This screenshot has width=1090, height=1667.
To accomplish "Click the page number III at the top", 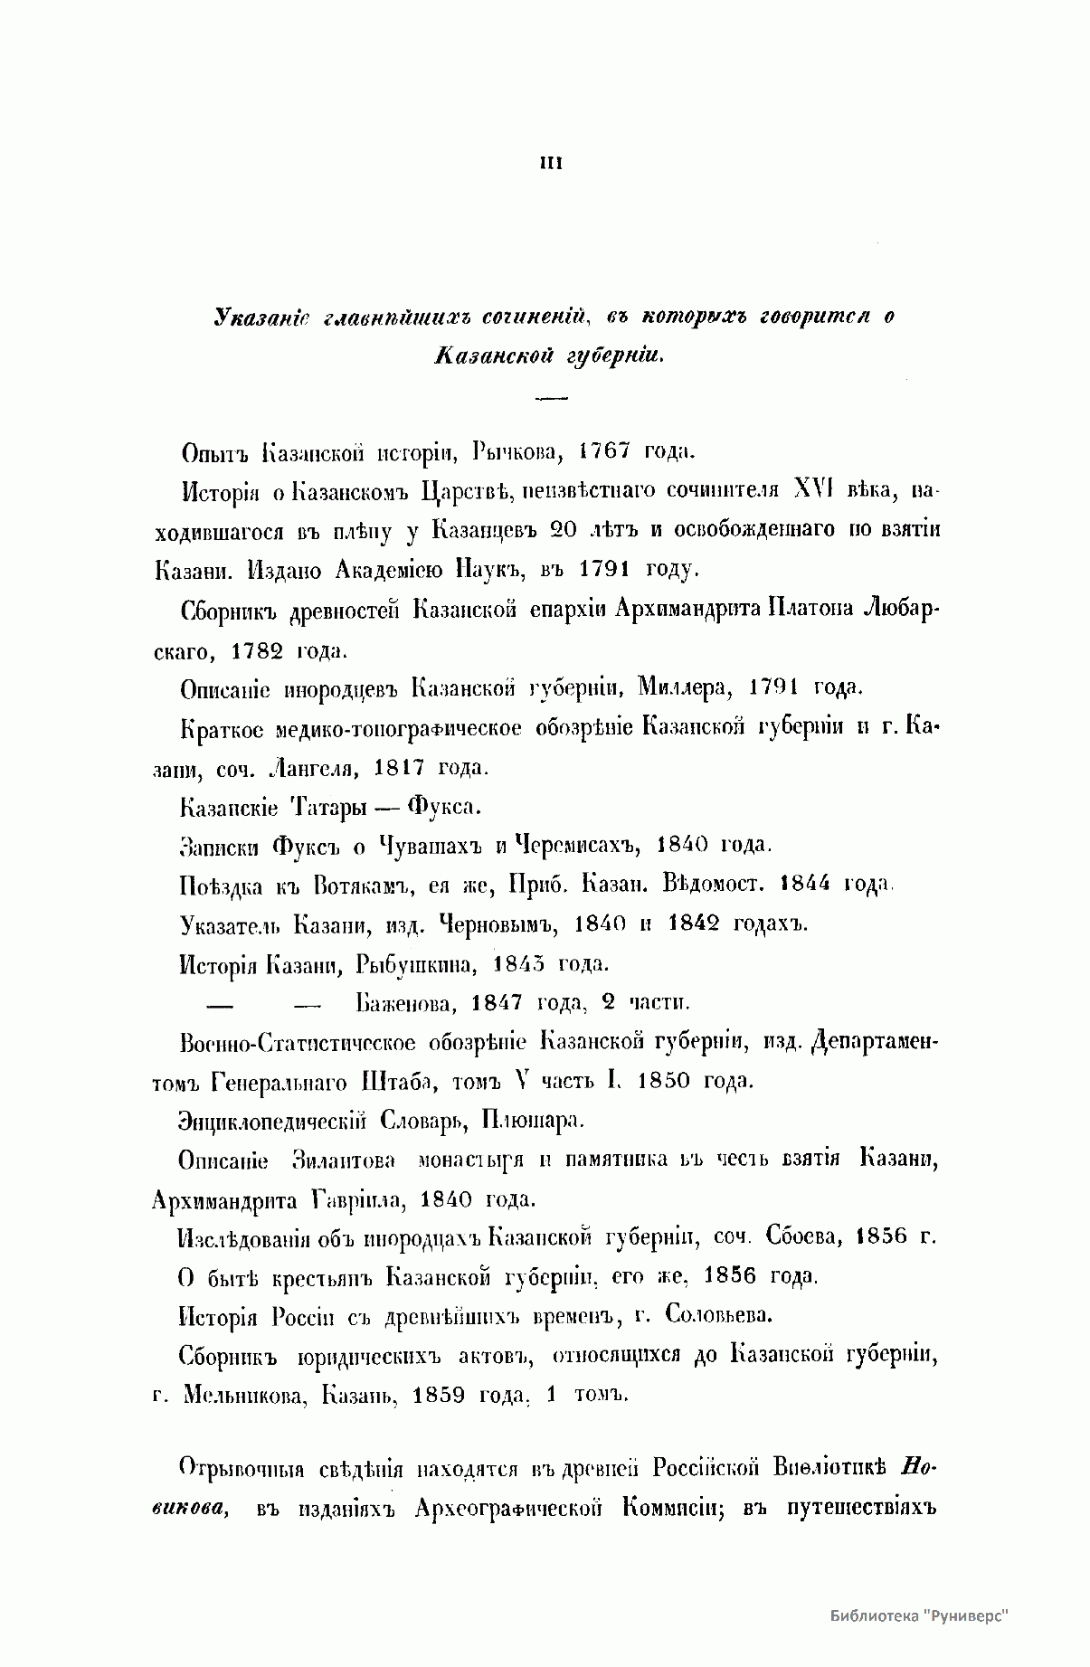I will tap(551, 164).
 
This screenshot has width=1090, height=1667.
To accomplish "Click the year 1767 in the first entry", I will tap(604, 450).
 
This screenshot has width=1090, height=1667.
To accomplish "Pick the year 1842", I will tap(695, 923).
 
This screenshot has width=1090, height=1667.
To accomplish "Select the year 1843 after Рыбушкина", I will tap(518, 963).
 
